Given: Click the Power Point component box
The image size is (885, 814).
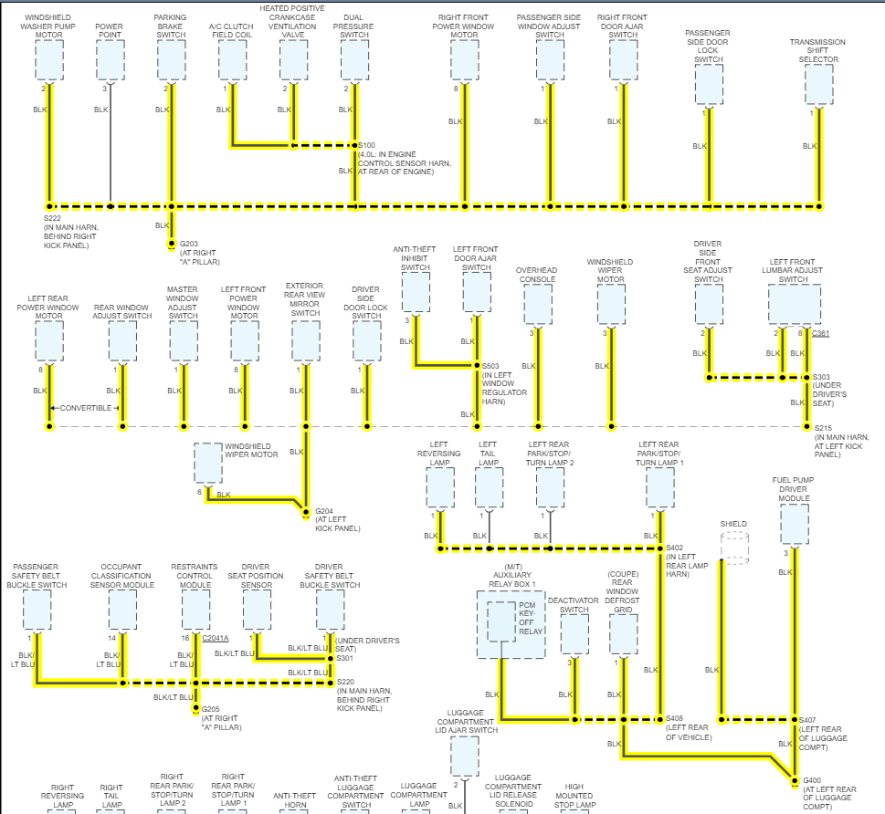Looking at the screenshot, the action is tap(111, 60).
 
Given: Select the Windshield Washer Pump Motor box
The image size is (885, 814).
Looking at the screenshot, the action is tap(49, 60).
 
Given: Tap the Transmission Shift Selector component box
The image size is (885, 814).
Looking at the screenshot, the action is tap(818, 85).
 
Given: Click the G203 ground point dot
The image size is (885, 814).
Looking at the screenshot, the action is tap(171, 244).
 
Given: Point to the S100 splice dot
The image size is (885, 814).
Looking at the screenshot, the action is tap(354, 145).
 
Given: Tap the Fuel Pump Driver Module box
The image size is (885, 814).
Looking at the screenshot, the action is tap(794, 525).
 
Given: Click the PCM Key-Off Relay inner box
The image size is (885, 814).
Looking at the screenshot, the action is tap(501, 621).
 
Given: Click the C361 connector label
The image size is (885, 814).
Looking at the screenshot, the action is tap(820, 333).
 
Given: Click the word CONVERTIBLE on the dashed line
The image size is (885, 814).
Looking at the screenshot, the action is tap(86, 408).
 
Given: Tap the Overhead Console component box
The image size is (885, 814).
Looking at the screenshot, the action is tap(537, 305).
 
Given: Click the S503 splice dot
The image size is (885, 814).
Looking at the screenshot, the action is tap(476, 366).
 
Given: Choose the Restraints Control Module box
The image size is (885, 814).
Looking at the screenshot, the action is tap(195, 610).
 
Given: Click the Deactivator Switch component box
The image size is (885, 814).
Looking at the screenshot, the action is tap(574, 634).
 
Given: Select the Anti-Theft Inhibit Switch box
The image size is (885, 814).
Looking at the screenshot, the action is tap(416, 292).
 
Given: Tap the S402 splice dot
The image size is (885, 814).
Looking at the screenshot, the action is tap(658, 548).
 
